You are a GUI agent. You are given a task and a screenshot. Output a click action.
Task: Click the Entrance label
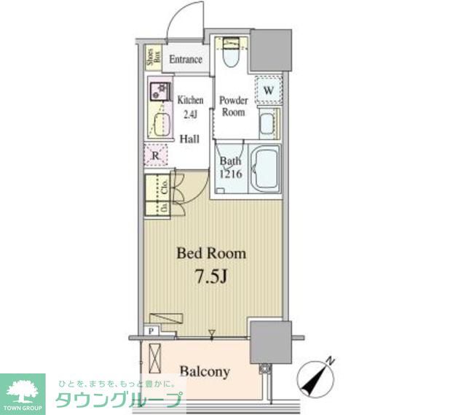(x=186, y=60)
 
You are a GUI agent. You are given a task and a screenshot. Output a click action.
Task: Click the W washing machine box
(x=269, y=90)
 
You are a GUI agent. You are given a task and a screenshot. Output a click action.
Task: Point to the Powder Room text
(x=233, y=106)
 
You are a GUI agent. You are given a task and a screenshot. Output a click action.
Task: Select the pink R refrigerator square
(x=154, y=154)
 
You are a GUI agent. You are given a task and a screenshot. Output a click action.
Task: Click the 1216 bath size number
(x=231, y=175)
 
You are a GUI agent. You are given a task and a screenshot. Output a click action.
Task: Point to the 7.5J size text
(x=210, y=278)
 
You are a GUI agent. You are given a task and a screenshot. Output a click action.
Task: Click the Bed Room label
(x=211, y=254)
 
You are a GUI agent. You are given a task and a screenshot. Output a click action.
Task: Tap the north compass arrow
(x=318, y=374)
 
